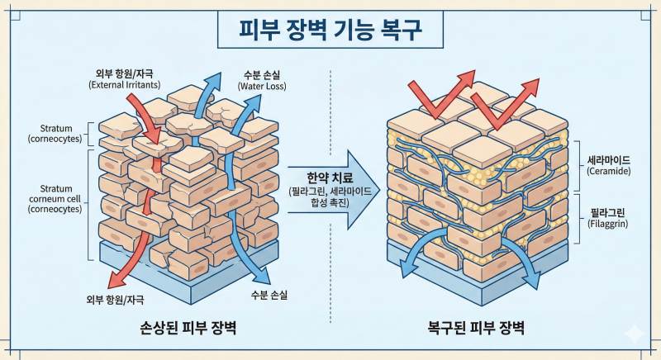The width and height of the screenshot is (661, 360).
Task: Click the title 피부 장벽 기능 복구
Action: (x=330, y=29)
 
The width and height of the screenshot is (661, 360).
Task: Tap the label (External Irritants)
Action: (x=125, y=84)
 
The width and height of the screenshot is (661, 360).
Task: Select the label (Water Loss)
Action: (x=262, y=87)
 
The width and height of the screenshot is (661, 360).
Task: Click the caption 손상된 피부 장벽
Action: (x=188, y=327)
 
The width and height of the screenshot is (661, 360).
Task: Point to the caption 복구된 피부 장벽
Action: (x=476, y=327)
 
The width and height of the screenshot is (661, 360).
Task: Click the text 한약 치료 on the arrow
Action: (x=329, y=178)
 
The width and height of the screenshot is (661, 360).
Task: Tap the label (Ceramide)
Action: (x=609, y=172)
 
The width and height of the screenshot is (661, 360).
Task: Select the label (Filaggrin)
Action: (x=608, y=224)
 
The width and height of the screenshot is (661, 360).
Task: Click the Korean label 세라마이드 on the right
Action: (x=609, y=160)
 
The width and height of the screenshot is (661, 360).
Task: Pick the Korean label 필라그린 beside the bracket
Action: (x=608, y=213)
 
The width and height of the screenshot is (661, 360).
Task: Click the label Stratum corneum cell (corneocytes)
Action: (x=55, y=198)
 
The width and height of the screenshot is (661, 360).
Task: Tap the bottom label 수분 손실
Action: (x=269, y=295)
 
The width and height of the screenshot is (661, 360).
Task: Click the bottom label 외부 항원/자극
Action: (x=115, y=300)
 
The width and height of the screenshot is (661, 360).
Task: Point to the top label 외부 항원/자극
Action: (x=124, y=74)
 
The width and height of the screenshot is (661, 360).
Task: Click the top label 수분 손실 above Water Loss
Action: (x=262, y=75)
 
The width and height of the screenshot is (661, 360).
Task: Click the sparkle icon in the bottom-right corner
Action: (x=634, y=334)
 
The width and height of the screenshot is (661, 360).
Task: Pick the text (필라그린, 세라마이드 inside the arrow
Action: (x=330, y=192)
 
